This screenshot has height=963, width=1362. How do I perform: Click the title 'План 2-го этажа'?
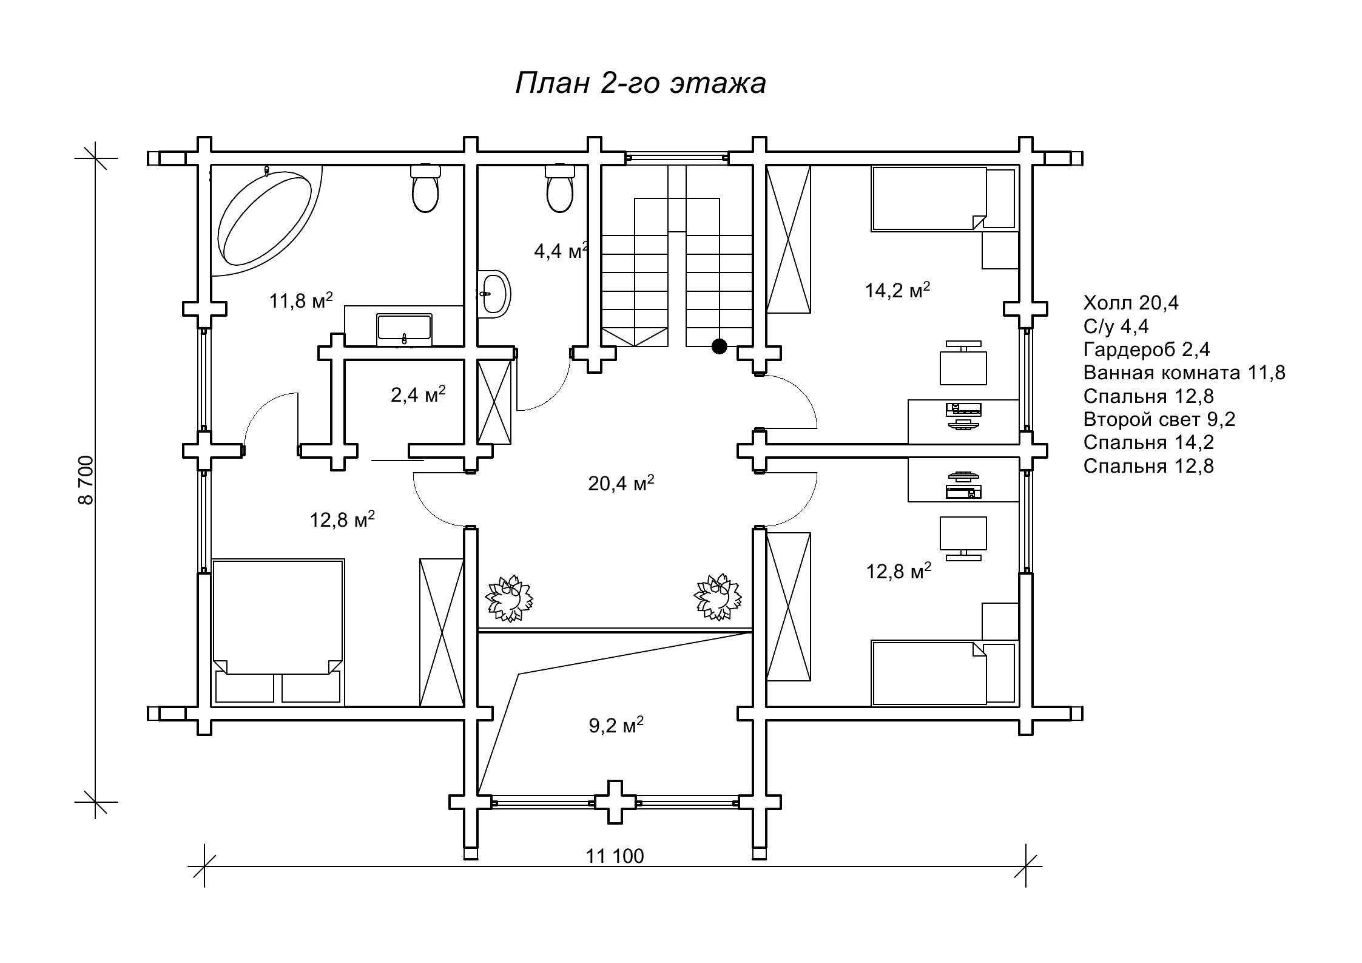(641, 84)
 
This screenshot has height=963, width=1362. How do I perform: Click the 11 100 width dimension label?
(615, 856)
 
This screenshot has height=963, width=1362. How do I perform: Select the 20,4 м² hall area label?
(621, 483)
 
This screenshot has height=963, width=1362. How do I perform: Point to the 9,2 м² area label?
(616, 725)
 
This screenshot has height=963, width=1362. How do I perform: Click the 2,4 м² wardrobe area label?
(418, 394)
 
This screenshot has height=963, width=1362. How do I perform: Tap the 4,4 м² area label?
(561, 251)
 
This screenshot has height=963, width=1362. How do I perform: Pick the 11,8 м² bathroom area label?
(301, 300)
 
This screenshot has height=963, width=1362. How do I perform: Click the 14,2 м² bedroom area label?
(897, 290)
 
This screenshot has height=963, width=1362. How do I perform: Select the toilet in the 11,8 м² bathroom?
(425, 188)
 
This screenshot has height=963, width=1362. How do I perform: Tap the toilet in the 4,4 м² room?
(559, 188)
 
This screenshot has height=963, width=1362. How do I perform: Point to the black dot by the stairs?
(719, 346)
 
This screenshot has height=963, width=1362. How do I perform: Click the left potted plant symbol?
(509, 599)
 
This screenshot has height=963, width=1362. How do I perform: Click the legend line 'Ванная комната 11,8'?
(1184, 373)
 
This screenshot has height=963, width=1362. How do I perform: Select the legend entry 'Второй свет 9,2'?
(1159, 419)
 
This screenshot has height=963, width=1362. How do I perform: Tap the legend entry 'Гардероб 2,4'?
(1147, 350)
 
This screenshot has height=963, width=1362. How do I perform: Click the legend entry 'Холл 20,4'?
(1131, 303)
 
